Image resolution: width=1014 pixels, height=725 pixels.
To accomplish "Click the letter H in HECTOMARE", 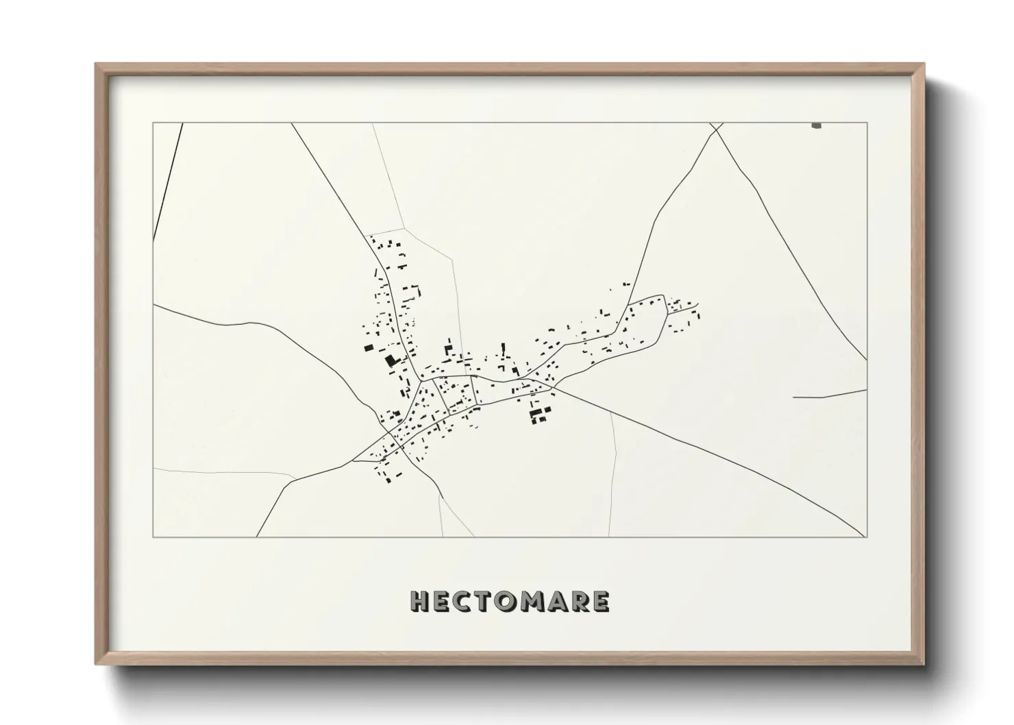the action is click(419, 602).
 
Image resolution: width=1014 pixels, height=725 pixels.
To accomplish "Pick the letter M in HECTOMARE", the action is click(533, 602).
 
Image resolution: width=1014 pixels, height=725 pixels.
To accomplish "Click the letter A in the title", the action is click(558, 602).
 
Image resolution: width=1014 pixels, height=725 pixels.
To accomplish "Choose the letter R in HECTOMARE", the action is click(580, 602).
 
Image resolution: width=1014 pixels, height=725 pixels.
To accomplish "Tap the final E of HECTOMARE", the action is click(601, 602).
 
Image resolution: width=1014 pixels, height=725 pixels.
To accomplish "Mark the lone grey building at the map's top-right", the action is click(816, 125).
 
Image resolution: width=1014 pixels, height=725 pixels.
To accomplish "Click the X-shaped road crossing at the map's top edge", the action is click(717, 129).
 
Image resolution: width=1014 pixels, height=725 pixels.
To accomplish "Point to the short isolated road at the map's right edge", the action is click(829, 395).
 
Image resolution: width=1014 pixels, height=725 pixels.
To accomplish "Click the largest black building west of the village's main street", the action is click(391, 360).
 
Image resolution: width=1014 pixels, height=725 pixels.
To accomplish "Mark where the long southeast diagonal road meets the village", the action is click(554, 388).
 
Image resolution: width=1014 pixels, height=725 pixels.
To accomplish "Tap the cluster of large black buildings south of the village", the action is click(540, 413).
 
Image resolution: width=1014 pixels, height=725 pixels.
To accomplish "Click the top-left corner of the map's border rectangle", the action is click(153, 123).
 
